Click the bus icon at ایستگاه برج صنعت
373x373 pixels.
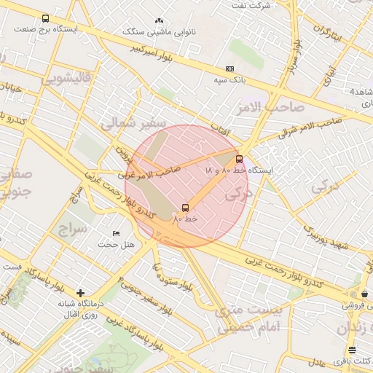(x=46, y=18)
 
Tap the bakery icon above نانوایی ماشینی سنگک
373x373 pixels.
(x=160, y=21)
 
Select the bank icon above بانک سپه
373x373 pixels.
(x=230, y=69)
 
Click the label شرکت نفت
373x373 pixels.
(x=249, y=5)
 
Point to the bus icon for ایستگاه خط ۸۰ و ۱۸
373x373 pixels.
(x=239, y=159)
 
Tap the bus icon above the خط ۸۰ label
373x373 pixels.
(x=185, y=208)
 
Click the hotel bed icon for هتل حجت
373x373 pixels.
(x=116, y=234)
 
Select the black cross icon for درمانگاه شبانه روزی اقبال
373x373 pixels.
(x=80, y=293)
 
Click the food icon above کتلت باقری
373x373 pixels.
(x=353, y=350)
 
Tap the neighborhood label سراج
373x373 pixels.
(x=73, y=230)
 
